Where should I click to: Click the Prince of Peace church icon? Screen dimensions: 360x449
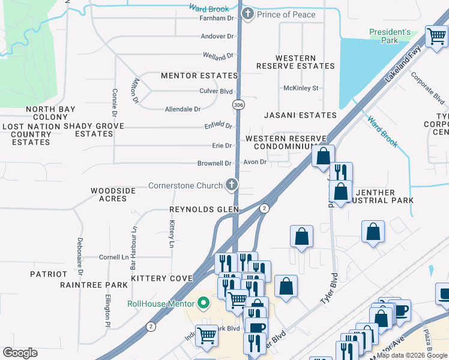(247, 14)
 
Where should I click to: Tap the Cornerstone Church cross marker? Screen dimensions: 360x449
(231, 185)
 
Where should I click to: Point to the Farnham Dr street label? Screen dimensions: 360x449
(216, 19)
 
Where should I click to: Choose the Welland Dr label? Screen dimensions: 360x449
(217, 56)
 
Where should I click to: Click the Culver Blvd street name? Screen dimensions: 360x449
(215, 91)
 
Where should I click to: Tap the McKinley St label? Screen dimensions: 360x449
(301, 88)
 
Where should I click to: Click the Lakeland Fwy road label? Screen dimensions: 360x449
(400, 65)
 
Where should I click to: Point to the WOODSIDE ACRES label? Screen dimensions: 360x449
(113, 195)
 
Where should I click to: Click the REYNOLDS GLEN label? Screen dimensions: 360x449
(204, 209)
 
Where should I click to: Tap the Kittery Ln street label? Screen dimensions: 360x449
(172, 234)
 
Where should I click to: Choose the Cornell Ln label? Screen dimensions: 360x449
(114, 257)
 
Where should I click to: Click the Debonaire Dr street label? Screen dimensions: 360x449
(79, 252)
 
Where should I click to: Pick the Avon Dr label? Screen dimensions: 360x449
(255, 162)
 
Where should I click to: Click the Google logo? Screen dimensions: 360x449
(20, 353)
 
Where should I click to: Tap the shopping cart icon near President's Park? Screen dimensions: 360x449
(436, 37)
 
